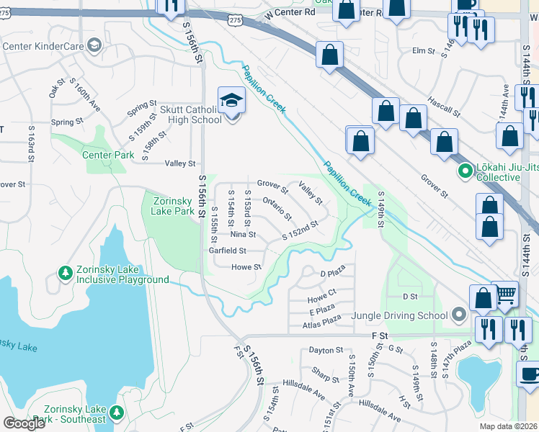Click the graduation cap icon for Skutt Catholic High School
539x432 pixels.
[x=231, y=99]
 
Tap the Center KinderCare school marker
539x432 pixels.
[x=94, y=46]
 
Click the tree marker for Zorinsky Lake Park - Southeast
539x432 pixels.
[x=117, y=413]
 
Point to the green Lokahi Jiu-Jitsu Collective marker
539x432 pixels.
[x=465, y=172]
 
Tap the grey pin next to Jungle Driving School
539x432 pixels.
[x=458, y=315]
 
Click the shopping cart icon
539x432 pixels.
[x=507, y=293]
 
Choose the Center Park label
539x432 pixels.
[x=107, y=155]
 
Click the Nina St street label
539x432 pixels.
[x=243, y=235]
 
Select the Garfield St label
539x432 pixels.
[x=228, y=251]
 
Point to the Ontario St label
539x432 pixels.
[x=277, y=209]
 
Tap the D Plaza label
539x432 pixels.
[x=332, y=272]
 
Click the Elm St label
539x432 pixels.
[x=424, y=50]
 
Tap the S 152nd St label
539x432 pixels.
[x=300, y=230]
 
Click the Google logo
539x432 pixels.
[x=24, y=423]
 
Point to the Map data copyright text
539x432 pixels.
[x=509, y=426]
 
